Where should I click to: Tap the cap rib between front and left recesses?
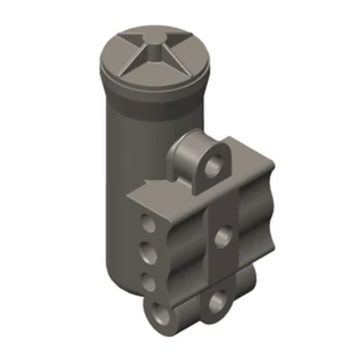coord(137,62)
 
